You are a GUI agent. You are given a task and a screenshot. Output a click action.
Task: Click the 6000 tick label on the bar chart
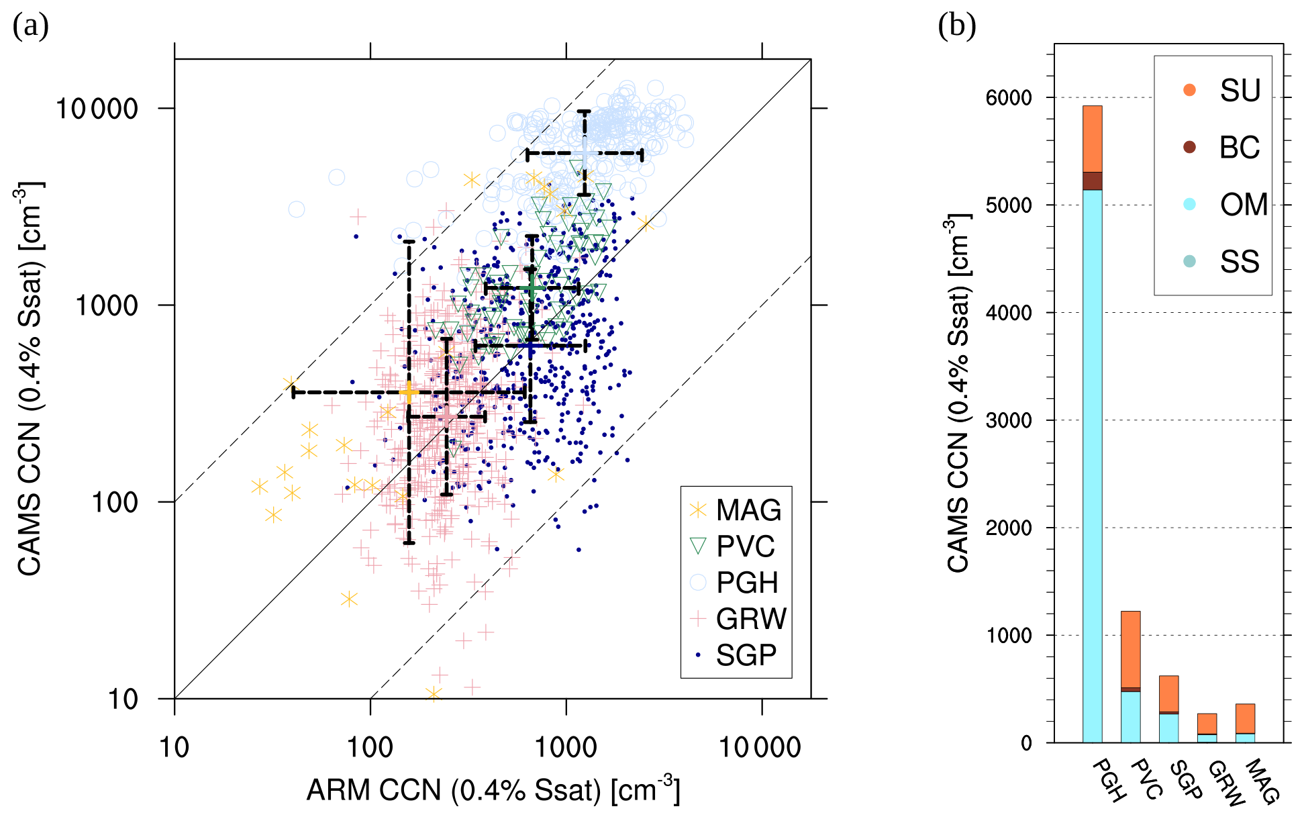tap(1009, 98)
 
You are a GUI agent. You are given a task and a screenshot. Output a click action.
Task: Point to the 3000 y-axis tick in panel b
tap(1009, 421)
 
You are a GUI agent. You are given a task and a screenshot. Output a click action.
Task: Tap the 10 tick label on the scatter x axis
tap(174, 747)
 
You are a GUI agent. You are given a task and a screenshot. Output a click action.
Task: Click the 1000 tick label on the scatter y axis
tap(106, 305)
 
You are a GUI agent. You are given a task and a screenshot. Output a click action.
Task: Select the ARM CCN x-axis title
tap(493, 790)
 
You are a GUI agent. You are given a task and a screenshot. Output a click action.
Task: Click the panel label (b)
tap(956, 26)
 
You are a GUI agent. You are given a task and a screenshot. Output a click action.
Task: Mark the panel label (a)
tap(31, 27)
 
